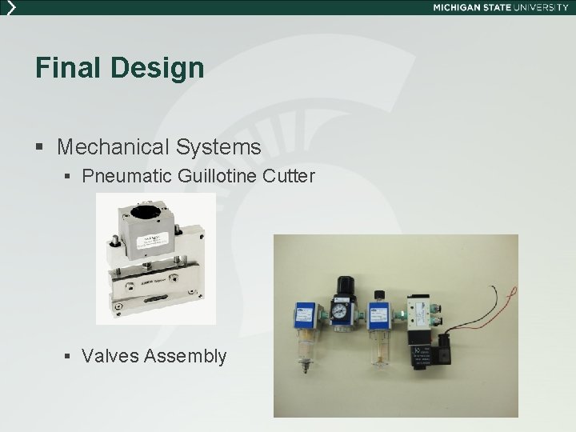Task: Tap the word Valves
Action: (x=109, y=356)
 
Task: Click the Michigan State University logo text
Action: (x=500, y=7)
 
